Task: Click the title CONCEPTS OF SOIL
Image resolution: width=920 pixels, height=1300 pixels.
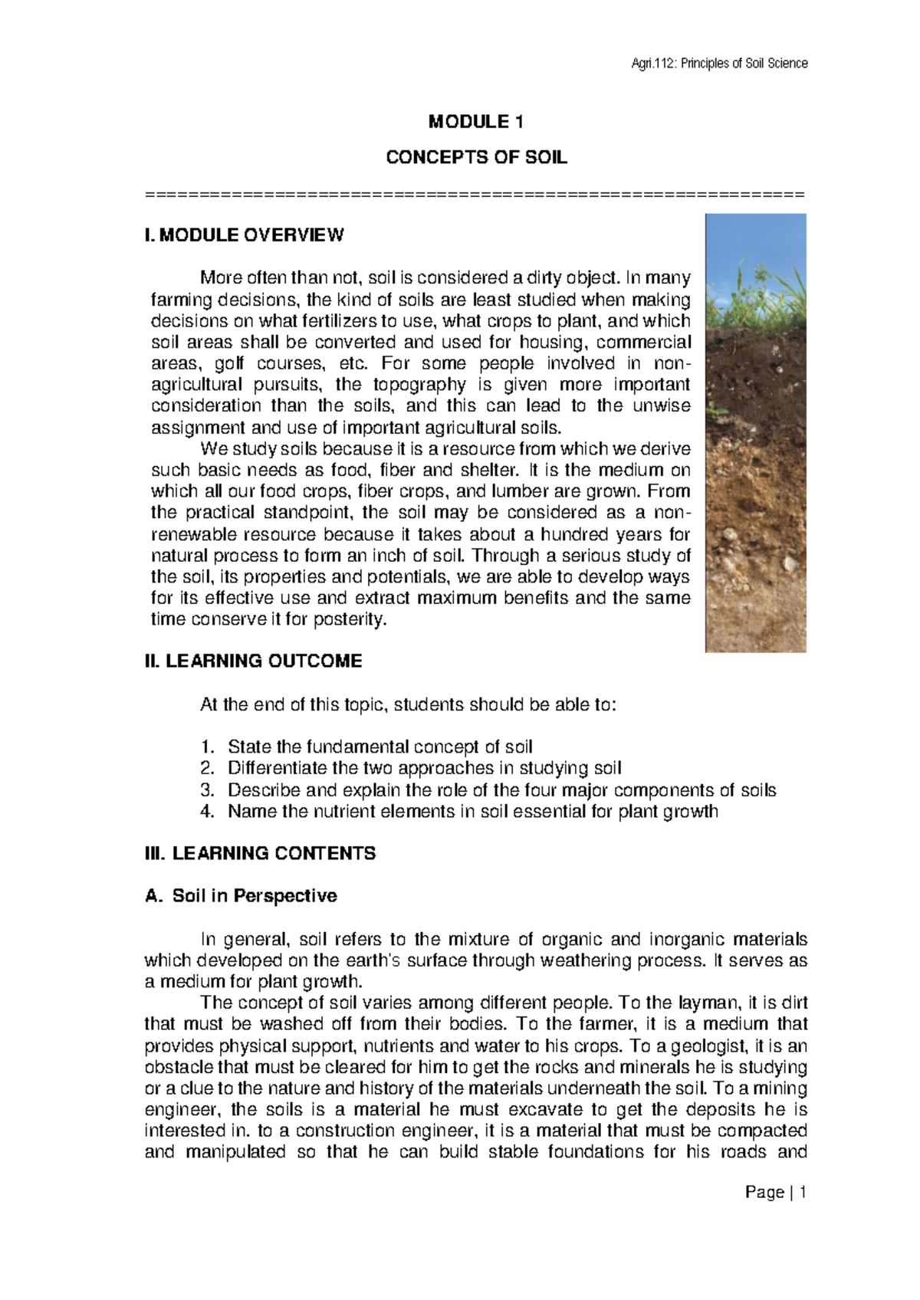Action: (476, 158)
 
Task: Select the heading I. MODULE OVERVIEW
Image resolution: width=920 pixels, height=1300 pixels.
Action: (244, 235)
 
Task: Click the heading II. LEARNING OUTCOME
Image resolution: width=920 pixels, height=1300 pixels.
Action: (253, 661)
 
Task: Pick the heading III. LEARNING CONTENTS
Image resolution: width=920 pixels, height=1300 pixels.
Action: (260, 853)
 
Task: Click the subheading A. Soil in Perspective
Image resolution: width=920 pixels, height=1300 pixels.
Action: (241, 895)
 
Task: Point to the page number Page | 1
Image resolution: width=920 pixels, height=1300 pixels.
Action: (776, 1193)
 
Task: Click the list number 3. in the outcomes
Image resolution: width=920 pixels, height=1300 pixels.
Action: (206, 790)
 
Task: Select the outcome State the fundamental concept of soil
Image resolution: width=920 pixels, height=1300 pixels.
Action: (379, 747)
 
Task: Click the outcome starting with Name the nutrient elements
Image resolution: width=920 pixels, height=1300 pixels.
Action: (472, 812)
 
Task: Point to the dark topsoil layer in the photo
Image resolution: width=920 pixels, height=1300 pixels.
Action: (755, 383)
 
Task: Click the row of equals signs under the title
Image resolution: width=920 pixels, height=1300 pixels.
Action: (475, 193)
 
